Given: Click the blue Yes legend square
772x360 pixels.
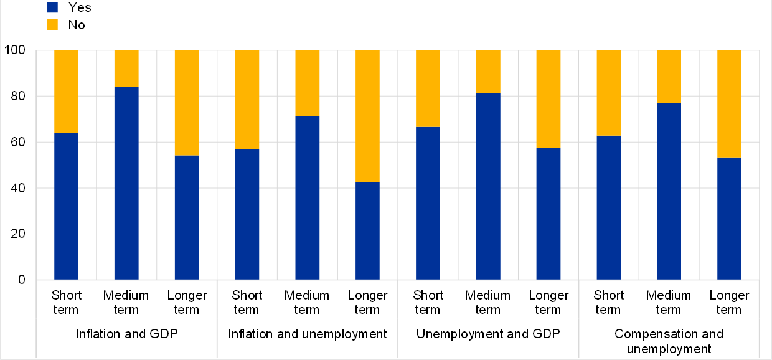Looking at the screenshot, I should pyautogui.click(x=52, y=7).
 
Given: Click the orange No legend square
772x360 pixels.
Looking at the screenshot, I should pyautogui.click(x=52, y=25).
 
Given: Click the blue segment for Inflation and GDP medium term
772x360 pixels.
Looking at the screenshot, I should pyautogui.click(x=126, y=183).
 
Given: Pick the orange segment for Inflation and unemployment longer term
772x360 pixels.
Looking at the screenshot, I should pyautogui.click(x=367, y=116).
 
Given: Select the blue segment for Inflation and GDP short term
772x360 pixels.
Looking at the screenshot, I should pyautogui.click(x=67, y=206).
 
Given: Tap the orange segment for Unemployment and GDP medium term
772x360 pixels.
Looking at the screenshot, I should pyautogui.click(x=488, y=72).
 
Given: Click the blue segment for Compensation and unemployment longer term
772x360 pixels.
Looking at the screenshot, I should pyautogui.click(x=729, y=219).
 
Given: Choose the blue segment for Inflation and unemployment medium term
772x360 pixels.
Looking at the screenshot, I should pyautogui.click(x=307, y=197).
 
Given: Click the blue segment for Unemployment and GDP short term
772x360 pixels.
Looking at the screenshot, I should pyautogui.click(x=428, y=203).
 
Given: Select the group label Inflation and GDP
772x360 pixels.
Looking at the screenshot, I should pyautogui.click(x=127, y=334).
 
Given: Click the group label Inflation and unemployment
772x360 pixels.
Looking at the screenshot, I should pyautogui.click(x=308, y=334).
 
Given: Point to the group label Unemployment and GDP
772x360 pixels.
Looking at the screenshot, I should pyautogui.click(x=488, y=334).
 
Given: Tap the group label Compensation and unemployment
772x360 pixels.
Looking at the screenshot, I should pyautogui.click(x=669, y=341).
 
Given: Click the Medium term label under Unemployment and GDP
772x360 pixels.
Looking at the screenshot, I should pyautogui.click(x=488, y=302).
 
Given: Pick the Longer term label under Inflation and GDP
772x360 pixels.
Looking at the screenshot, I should pyautogui.click(x=187, y=302).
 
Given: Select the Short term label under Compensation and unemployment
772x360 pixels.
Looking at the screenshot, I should pyautogui.click(x=608, y=302).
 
